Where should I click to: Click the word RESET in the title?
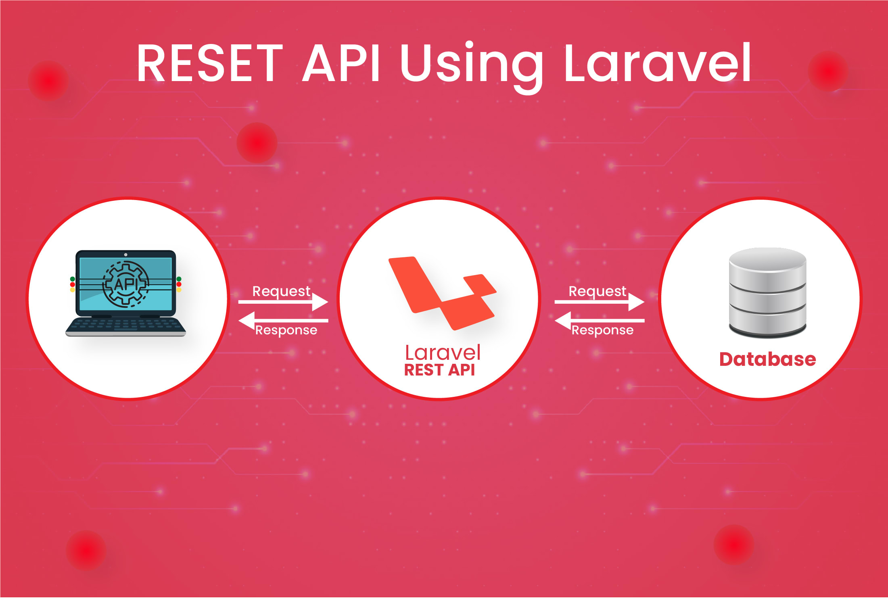[x=210, y=64]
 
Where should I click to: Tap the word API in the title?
[x=341, y=64]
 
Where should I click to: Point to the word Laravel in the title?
[x=658, y=64]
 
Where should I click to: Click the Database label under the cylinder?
[x=767, y=359]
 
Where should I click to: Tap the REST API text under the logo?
[x=439, y=370]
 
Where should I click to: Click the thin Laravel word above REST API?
[x=443, y=353]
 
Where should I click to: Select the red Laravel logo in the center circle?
[x=442, y=292]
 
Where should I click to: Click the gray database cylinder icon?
[x=767, y=292]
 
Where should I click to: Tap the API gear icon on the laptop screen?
[x=125, y=284]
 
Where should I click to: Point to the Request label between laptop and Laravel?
[x=281, y=291]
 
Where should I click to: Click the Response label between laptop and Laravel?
[x=286, y=330]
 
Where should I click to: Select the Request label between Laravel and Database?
[x=598, y=291]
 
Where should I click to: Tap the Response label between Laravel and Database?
[x=602, y=330]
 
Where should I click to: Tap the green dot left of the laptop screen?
[x=73, y=279]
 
